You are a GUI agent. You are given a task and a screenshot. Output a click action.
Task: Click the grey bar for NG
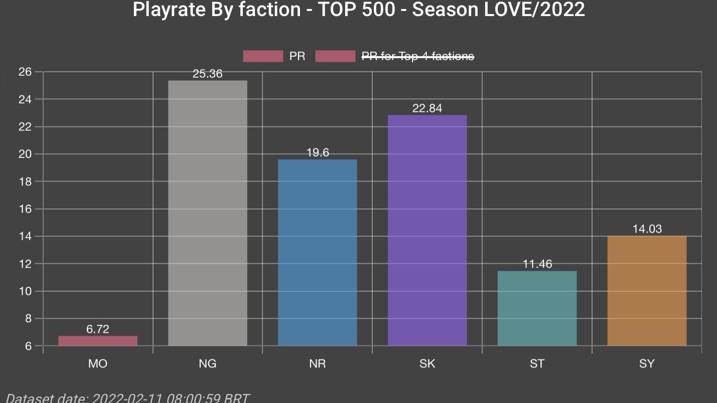207,213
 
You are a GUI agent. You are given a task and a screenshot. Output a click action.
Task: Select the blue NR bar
317,253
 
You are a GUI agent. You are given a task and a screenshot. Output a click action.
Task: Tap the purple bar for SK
427,230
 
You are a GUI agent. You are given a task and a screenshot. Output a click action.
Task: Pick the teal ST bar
537,308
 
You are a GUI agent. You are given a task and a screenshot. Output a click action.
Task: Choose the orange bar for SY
647,291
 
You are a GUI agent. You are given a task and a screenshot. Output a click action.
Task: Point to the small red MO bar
98,341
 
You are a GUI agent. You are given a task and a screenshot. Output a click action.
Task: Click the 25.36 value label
207,74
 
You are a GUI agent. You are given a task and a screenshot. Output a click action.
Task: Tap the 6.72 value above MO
97,329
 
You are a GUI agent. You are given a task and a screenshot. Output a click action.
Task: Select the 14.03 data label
647,229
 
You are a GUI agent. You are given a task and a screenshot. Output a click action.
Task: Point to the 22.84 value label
427,108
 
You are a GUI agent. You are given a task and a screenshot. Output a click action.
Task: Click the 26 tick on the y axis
25,72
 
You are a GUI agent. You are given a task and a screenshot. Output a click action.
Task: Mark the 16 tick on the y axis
25,209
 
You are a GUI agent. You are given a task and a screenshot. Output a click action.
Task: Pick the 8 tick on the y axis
28,319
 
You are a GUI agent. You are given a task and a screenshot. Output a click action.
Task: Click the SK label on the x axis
427,364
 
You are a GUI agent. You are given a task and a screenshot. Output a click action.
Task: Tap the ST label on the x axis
537,364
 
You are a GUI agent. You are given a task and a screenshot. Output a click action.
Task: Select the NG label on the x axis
207,364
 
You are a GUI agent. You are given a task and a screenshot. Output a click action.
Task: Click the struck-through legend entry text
418,56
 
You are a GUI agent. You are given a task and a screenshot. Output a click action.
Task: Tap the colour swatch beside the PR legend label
263,56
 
